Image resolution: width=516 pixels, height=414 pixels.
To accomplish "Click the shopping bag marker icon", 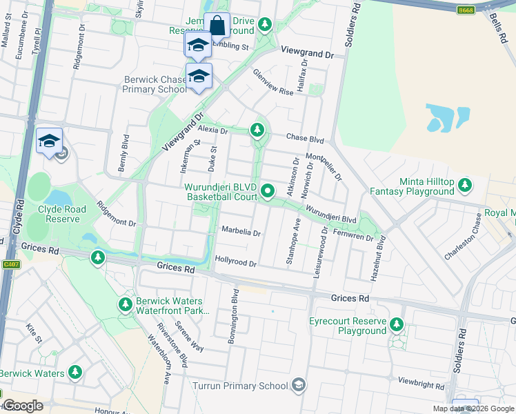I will click(217, 26).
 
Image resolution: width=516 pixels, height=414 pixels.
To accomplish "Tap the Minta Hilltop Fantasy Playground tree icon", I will click(466, 185).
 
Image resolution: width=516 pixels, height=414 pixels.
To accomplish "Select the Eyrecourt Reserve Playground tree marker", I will click(397, 324).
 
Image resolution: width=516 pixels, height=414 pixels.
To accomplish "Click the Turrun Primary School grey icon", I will click(299, 384).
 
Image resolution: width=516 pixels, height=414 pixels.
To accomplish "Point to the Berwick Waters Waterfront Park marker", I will click(126, 304).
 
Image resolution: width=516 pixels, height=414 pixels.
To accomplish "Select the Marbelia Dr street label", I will click(240, 232).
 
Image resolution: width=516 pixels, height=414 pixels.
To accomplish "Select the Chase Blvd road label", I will click(304, 139).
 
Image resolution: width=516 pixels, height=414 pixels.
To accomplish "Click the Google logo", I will click(23, 406).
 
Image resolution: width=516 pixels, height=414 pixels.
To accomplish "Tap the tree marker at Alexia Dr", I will click(257, 129).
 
